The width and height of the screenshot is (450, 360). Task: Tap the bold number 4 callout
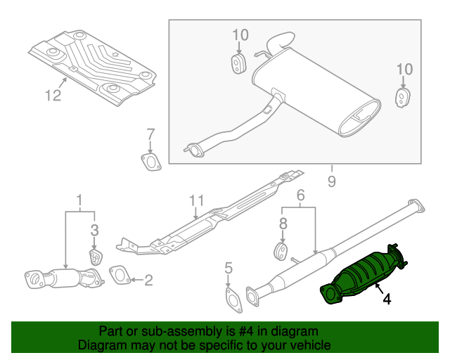click(x=386, y=300)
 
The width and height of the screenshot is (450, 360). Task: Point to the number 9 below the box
click(x=330, y=181)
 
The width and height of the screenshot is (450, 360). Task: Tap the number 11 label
click(x=196, y=203)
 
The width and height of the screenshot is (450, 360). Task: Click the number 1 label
click(x=79, y=199)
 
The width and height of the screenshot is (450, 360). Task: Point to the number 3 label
click(x=94, y=229)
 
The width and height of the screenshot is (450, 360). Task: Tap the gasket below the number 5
click(x=231, y=299)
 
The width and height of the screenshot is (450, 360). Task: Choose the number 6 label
click(x=300, y=196)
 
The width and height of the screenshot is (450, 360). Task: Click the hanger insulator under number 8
click(x=281, y=251)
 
